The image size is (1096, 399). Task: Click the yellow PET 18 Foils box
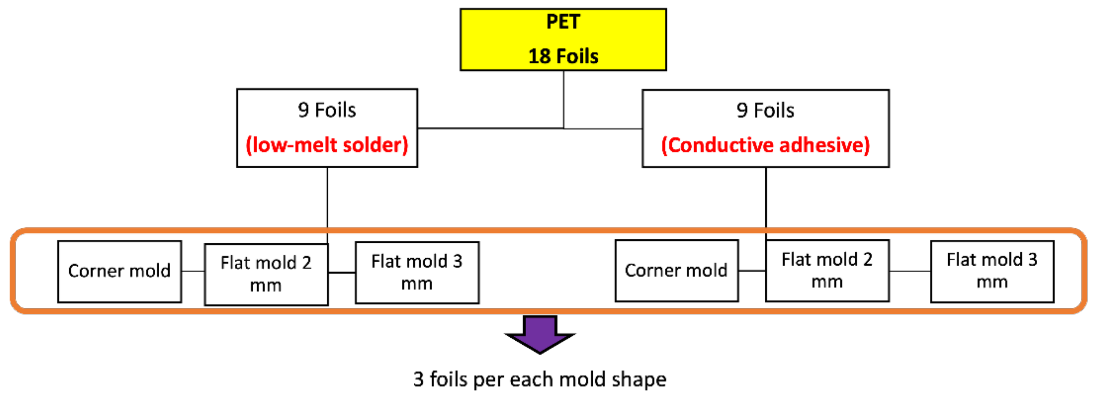click(x=563, y=40)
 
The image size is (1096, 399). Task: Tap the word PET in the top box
click(x=563, y=22)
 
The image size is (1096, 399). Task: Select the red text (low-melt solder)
click(x=327, y=145)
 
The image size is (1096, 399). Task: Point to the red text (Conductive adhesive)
click(x=765, y=145)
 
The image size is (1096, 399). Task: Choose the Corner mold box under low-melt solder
click(x=119, y=271)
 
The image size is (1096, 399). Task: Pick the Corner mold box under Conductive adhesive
click(x=676, y=271)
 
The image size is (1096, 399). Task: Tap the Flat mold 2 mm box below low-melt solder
click(x=266, y=274)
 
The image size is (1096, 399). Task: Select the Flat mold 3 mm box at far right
click(x=992, y=271)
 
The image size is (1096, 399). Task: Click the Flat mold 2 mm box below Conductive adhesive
click(x=827, y=271)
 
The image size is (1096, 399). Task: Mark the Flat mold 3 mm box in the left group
click(x=417, y=272)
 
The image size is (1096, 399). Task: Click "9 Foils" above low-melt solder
click(x=327, y=110)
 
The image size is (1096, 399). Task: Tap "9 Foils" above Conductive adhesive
click(x=765, y=111)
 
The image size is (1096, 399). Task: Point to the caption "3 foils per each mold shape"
click(x=540, y=379)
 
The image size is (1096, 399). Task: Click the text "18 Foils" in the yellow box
click(x=563, y=56)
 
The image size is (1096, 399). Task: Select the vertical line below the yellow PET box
click(x=564, y=99)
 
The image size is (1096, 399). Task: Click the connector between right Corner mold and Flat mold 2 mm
click(x=752, y=271)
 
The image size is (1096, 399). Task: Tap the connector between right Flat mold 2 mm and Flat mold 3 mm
click(x=910, y=271)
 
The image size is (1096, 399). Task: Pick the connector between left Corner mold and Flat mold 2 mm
click(x=193, y=271)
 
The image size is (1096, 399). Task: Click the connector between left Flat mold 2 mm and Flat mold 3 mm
click(x=342, y=273)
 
